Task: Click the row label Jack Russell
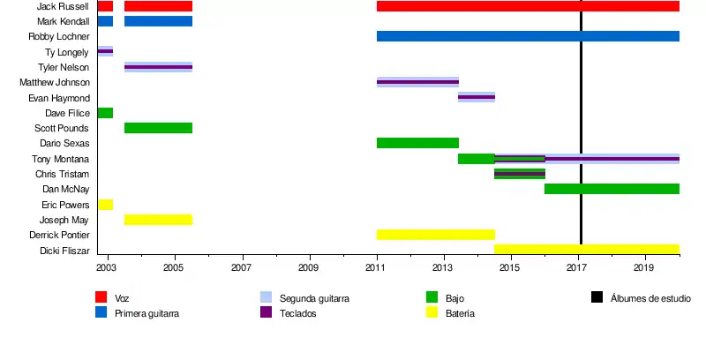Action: [63, 6]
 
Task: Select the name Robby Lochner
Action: [59, 37]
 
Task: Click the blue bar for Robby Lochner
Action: [528, 36]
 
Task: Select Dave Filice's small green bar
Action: [105, 113]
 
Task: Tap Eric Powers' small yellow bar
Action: [105, 205]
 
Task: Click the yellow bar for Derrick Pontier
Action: [435, 235]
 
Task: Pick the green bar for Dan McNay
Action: [612, 189]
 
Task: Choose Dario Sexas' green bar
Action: [417, 143]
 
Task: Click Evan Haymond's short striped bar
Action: [477, 97]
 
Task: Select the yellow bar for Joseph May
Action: [158, 220]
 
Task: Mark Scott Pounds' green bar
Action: [158, 128]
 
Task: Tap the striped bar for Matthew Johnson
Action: [417, 82]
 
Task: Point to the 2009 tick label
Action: [309, 266]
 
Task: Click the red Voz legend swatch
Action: [101, 297]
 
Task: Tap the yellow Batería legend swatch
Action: [432, 312]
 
